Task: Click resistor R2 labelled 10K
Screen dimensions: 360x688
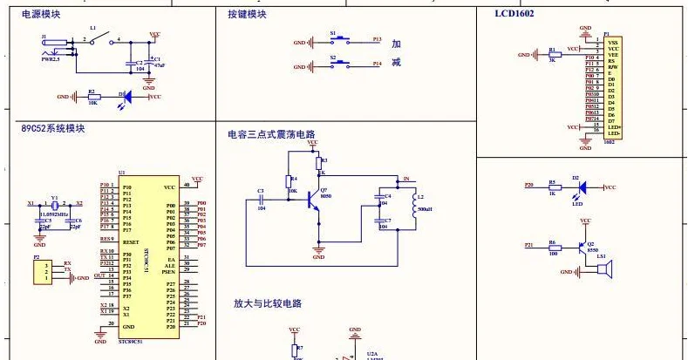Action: (92, 97)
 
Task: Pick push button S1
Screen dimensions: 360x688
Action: (340, 40)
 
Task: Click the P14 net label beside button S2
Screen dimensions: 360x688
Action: (377, 65)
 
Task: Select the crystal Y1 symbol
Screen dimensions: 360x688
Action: (55, 205)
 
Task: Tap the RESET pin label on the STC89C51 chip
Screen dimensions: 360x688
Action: (132, 241)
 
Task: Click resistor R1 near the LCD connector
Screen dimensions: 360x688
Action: (551, 55)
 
